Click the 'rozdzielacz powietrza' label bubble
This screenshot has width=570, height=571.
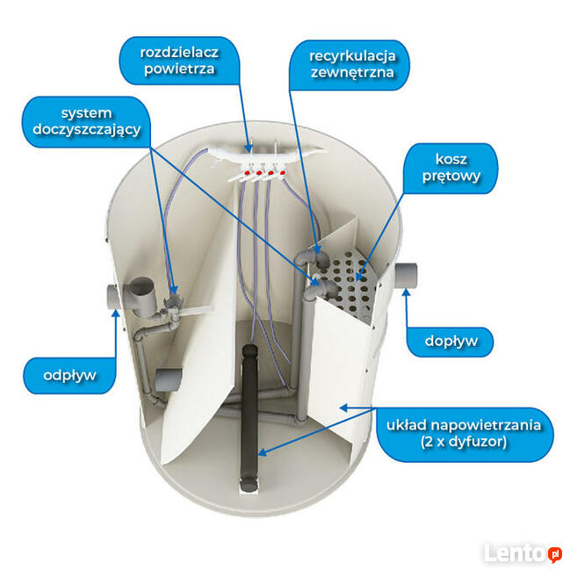coord(179,61)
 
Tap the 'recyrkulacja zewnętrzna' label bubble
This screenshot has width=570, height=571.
coord(350,65)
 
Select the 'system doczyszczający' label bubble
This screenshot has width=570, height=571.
coord(87,121)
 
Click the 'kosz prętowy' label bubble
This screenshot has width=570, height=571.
coord(451,169)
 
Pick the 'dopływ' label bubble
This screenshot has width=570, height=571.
coord(451,342)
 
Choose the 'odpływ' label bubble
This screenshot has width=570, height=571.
coord(69,375)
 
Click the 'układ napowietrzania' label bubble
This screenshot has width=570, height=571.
coord(465,434)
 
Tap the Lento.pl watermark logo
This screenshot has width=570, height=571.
coord(523,553)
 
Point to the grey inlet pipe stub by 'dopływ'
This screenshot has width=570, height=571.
coord(406,275)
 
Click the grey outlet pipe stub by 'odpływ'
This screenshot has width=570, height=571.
coord(113,297)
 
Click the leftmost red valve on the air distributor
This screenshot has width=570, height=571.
coord(248,171)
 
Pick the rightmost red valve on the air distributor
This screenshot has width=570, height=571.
coord(283,172)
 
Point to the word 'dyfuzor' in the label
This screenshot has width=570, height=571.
coord(478,442)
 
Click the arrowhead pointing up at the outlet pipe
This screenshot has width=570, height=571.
coord(116,314)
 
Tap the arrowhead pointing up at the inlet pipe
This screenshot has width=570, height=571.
coord(407,293)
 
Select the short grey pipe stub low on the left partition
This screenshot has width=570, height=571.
coord(169,379)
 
